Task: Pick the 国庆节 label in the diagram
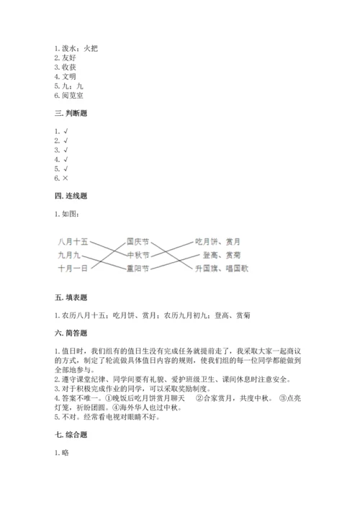coord(138,241)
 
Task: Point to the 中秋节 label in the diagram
coord(138,255)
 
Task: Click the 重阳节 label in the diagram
coord(138,269)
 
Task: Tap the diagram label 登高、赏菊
coord(222,255)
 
